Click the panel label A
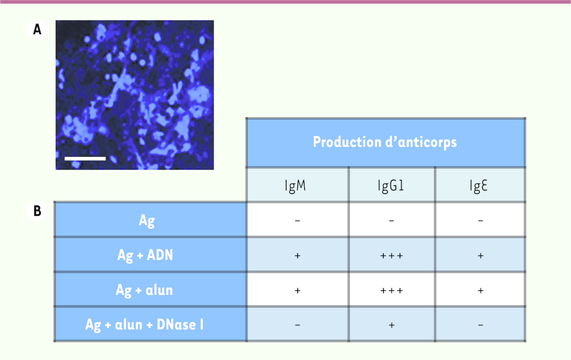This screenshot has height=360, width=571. tap(37, 29)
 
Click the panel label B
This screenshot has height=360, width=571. tap(37, 211)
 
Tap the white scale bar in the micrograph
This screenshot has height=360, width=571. tap(85, 159)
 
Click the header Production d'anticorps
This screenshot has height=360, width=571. tap(385, 142)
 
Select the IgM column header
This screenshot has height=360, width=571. tap(295, 185)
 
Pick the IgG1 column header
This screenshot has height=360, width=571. tap(391, 185)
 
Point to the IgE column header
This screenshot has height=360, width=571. tap(478, 185)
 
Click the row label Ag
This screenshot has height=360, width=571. tap(147, 221)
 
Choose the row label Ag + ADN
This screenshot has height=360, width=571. tap(145, 255)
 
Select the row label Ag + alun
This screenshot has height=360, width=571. tap(144, 290)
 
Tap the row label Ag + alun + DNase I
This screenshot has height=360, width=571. tap(144, 324)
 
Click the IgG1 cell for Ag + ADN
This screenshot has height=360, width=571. tap(392, 256)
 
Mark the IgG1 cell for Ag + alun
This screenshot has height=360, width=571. tap(392, 290)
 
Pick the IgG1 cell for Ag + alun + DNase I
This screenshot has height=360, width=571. tap(392, 325)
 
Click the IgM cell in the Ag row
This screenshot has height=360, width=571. tap(297, 221)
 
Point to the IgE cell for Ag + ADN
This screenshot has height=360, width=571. tap(481, 256)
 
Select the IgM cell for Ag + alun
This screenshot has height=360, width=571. tap(297, 290)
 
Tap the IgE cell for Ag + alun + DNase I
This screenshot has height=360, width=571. tap(481, 325)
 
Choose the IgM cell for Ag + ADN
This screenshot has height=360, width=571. tap(297, 256)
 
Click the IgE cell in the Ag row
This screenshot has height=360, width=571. tap(481, 221)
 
